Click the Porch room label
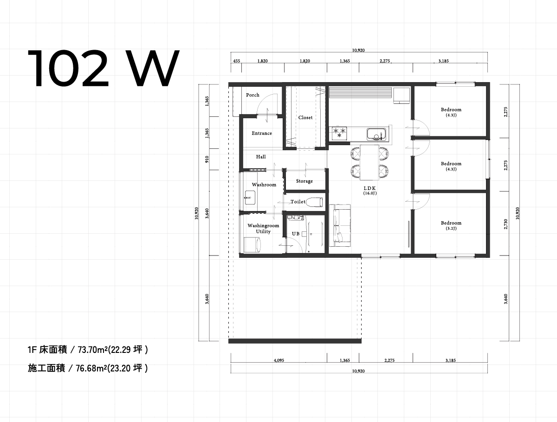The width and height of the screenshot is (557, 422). click(x=253, y=95)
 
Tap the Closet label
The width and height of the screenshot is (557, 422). click(x=305, y=118)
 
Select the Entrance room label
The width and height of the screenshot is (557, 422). click(x=262, y=133)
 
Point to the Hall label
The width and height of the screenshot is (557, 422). click(x=261, y=157)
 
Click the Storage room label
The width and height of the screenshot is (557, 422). click(x=304, y=181)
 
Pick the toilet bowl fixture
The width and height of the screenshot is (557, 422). click(x=314, y=202)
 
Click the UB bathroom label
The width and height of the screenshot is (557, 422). click(x=296, y=234)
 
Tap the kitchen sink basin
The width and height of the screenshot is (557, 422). click(x=377, y=134)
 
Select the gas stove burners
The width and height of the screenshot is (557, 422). click(x=339, y=133)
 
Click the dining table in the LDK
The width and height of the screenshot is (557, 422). click(x=369, y=162)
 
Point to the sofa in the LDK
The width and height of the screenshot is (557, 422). click(x=340, y=225)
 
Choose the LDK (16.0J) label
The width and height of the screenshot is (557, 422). click(x=370, y=191)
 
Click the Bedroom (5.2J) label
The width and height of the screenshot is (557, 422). click(x=451, y=225)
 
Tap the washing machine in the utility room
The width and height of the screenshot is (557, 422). click(x=252, y=244)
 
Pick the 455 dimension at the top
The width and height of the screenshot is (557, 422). click(x=236, y=61)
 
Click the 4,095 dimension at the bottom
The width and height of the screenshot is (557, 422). click(x=279, y=360)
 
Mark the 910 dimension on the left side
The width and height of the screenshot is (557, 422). click(x=207, y=159)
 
